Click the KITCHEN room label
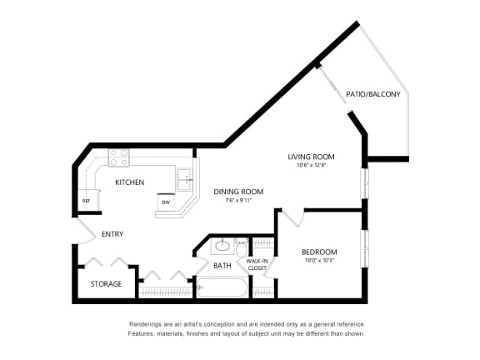129,182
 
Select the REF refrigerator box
86,201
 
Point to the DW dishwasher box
166,202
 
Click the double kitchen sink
186,176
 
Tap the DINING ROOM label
237,191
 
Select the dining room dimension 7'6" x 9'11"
237,201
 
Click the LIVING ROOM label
311,157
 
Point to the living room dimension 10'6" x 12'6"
311,166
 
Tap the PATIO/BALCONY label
373,94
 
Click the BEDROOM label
319,252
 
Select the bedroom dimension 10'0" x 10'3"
319,262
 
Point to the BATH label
222,266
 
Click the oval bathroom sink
222,247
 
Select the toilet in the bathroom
242,248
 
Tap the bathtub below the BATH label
223,288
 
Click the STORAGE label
106,284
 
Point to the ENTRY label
112,234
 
